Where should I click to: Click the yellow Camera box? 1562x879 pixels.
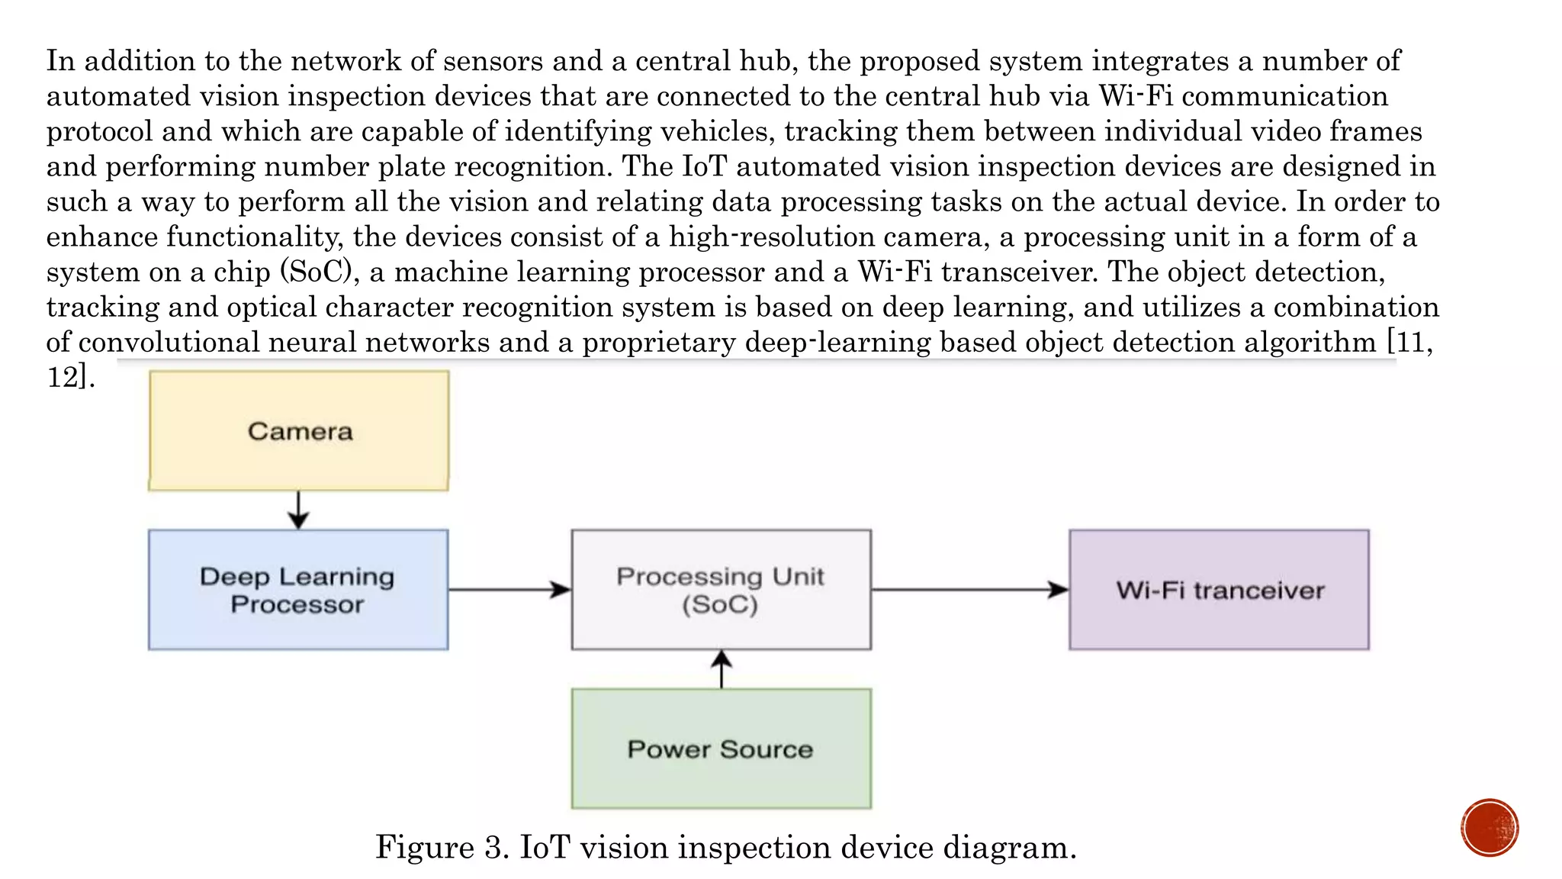pos(299,431)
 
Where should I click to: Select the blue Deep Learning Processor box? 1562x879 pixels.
pos(298,590)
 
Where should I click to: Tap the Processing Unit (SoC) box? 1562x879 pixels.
pos(721,590)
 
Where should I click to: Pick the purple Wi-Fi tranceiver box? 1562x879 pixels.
pos(1219,590)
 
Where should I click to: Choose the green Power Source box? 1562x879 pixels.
pos(721,749)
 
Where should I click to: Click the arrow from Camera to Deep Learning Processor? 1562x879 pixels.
pos(298,510)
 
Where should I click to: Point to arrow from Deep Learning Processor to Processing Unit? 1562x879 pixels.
pos(509,589)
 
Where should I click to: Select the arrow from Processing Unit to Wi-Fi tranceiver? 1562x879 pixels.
pos(969,589)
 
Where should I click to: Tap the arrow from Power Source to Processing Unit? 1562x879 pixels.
pos(722,669)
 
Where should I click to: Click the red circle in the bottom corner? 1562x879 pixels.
pos(1490,828)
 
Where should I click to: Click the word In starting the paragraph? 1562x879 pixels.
pos(60,61)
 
